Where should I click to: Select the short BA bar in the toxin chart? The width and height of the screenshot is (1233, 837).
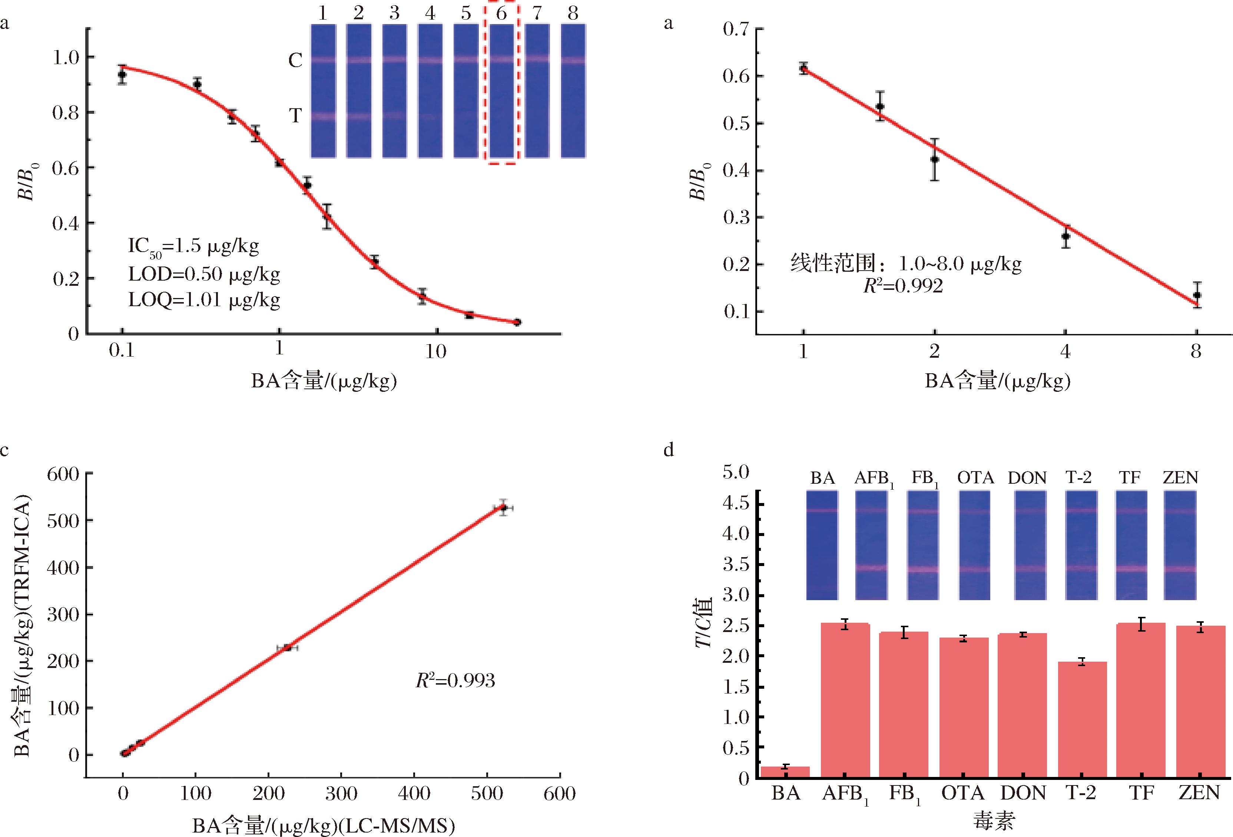point(785,772)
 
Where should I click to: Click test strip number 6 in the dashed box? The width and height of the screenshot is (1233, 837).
point(501,91)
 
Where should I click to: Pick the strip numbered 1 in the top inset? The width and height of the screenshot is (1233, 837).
point(323,91)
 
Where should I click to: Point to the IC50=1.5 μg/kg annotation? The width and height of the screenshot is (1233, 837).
point(194,246)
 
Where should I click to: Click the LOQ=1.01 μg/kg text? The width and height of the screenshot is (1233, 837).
point(204,300)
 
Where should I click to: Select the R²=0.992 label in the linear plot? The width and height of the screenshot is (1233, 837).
point(903,287)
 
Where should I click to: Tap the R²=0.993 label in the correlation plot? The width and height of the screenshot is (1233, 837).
point(455,681)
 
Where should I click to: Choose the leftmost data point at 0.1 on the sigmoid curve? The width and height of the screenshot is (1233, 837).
point(122,75)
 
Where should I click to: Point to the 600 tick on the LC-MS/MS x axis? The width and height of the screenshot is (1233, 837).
point(560,794)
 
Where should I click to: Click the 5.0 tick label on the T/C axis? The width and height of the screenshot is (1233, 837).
point(736,472)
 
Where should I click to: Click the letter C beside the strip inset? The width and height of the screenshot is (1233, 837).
point(295,60)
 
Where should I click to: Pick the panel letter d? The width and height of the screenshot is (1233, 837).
point(669,450)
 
